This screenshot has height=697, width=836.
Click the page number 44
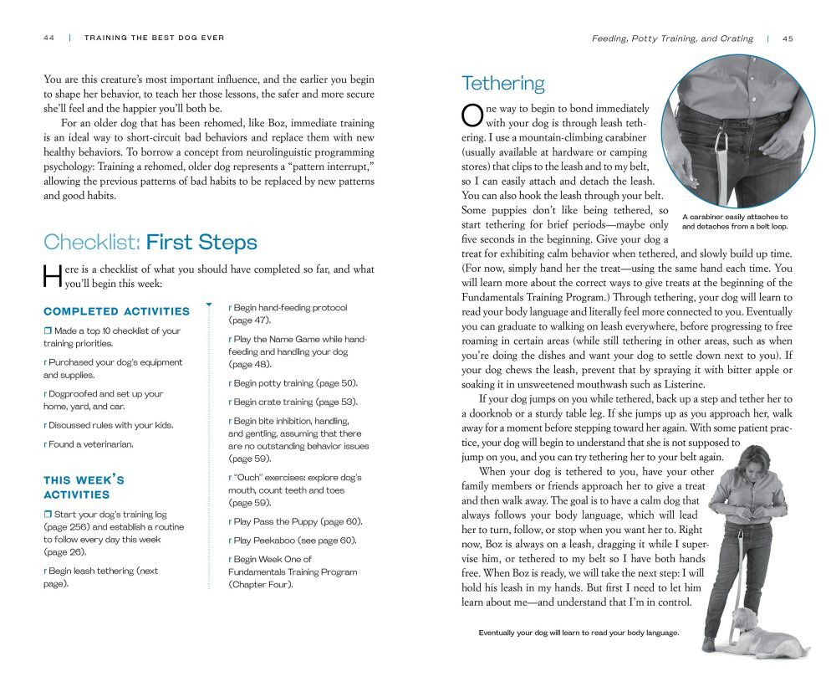(x=48, y=38)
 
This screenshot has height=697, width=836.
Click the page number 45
(x=788, y=38)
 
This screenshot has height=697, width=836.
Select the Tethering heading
(x=502, y=84)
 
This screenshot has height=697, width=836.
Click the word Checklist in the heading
(x=91, y=243)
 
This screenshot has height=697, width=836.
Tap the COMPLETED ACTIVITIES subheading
(x=116, y=311)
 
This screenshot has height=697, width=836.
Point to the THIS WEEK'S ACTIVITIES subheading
(x=84, y=487)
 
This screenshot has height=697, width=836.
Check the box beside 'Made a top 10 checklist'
(x=48, y=331)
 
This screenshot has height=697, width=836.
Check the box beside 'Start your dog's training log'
(x=48, y=515)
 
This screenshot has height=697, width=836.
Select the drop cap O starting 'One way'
(x=472, y=115)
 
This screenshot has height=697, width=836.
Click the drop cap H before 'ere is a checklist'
(x=52, y=276)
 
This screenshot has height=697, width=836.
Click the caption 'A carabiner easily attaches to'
(x=735, y=217)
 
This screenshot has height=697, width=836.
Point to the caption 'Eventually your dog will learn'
(x=579, y=633)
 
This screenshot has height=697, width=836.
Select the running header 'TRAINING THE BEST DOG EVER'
(x=155, y=38)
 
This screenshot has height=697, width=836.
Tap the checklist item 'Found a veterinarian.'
(x=91, y=444)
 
